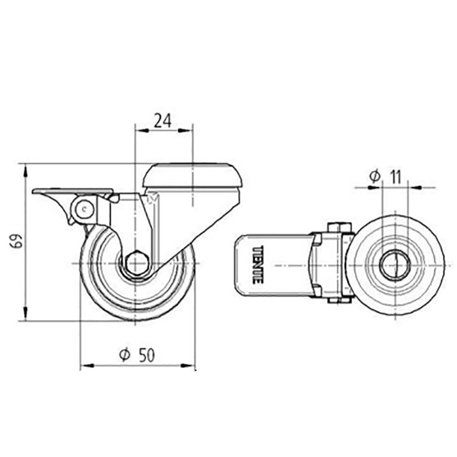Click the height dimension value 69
(17, 242)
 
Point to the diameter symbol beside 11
(374, 177)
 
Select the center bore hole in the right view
(394, 265)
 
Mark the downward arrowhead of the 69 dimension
(25, 315)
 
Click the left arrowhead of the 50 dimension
(86, 365)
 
